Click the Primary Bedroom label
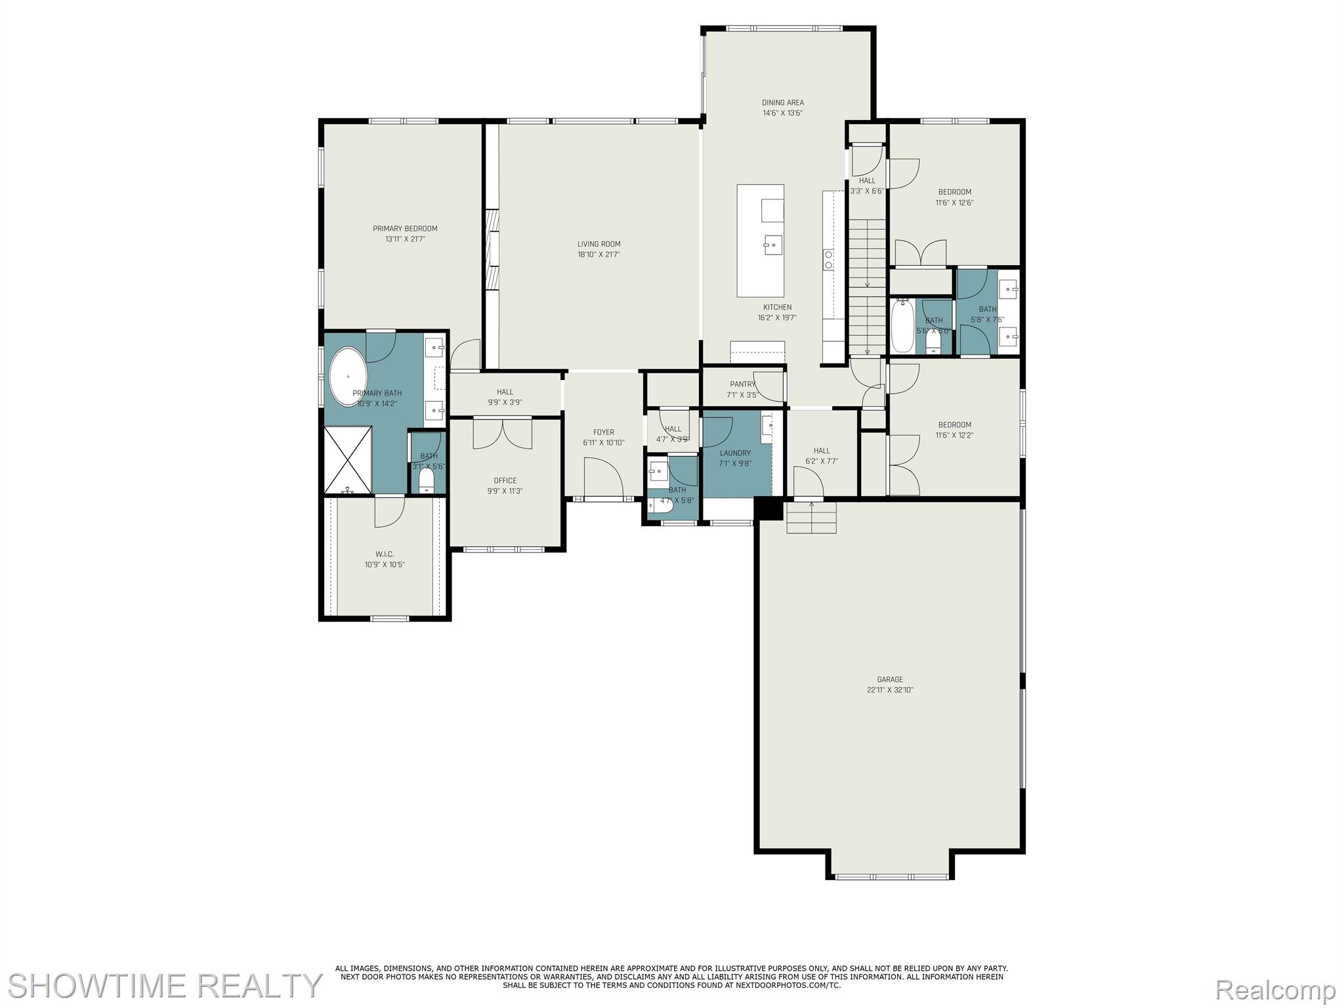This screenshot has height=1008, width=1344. pos(405,228)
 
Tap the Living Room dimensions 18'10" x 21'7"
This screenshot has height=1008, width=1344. pos(598,255)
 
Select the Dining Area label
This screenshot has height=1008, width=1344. pos(782,102)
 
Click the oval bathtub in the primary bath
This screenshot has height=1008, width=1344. pos(348,377)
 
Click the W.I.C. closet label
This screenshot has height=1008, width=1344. pos(385,555)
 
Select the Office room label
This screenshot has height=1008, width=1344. pos(505,480)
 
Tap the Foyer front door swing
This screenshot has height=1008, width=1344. pos(602,478)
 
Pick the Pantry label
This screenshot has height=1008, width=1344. pos(742,384)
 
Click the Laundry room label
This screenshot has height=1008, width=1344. pos(735,453)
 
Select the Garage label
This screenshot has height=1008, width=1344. pos(890,679)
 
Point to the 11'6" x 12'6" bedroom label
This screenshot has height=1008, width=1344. pos(954,192)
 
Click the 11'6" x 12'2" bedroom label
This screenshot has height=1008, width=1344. pos(954,425)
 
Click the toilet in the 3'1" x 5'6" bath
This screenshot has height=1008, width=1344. pos(427,480)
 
